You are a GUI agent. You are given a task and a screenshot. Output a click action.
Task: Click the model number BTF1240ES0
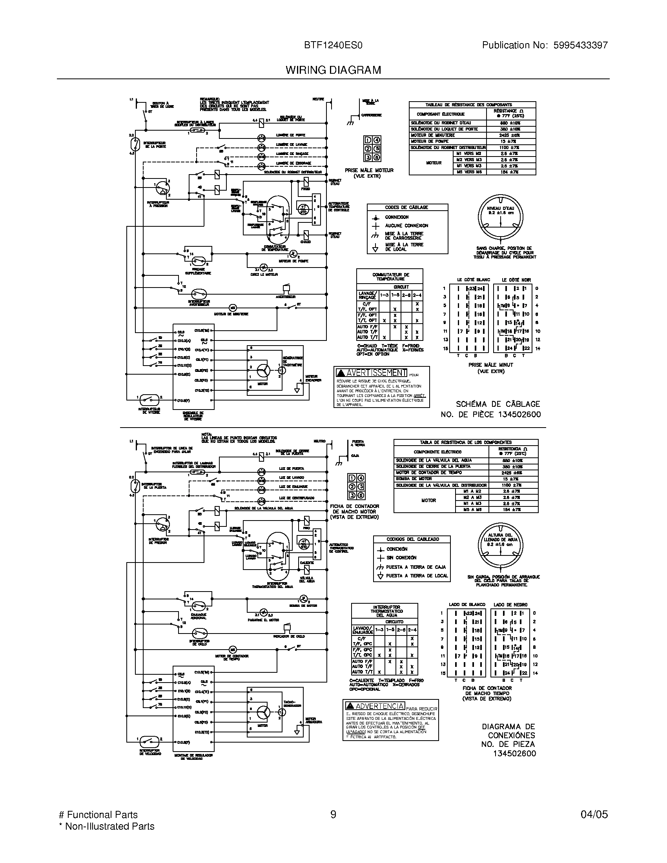(333, 46)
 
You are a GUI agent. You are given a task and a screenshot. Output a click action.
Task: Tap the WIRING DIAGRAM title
(333, 70)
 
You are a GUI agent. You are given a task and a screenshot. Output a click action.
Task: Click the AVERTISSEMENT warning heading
(376, 373)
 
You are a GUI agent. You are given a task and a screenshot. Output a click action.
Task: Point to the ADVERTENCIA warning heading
(380, 706)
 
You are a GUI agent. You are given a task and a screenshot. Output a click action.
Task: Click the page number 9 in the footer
(333, 814)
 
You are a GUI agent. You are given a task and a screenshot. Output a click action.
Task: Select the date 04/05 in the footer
(594, 814)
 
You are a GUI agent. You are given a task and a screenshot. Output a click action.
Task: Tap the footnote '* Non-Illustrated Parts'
(106, 826)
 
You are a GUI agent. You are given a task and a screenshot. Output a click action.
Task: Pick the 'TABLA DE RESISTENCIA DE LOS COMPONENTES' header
(465, 442)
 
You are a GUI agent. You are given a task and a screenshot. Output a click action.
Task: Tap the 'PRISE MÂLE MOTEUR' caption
(369, 170)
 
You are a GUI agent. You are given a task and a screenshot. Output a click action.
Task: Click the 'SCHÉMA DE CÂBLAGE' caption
(498, 404)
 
